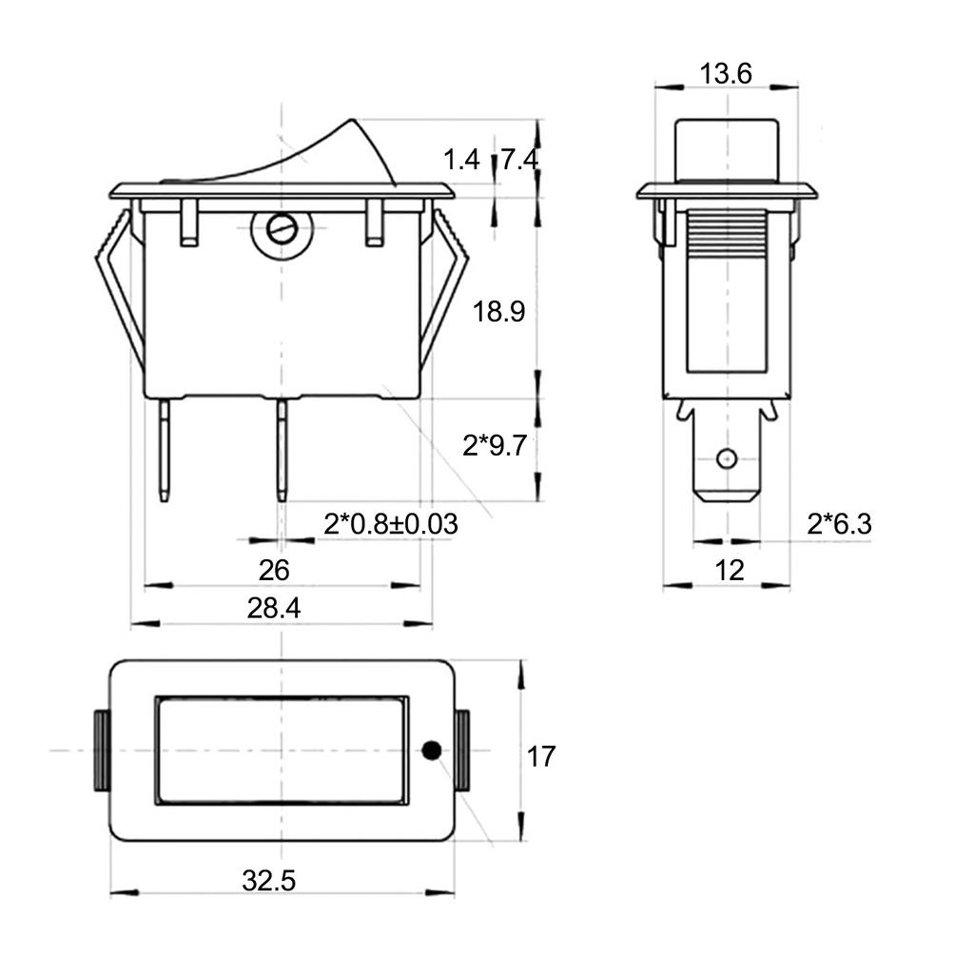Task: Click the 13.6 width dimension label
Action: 726,73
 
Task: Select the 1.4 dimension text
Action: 461,160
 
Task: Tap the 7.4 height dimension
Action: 520,160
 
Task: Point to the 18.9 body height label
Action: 499,312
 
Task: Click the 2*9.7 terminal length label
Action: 494,445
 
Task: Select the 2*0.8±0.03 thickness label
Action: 390,524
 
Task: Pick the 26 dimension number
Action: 274,571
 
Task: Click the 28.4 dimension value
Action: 274,609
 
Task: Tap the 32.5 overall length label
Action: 268,881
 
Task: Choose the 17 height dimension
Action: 541,757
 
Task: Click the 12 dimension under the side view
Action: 729,571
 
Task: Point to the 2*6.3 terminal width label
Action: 839,524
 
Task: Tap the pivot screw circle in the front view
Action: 281,229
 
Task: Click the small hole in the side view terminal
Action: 727,458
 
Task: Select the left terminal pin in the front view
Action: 166,449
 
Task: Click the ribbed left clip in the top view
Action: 100,750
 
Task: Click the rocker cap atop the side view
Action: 726,147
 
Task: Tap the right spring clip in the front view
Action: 444,285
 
